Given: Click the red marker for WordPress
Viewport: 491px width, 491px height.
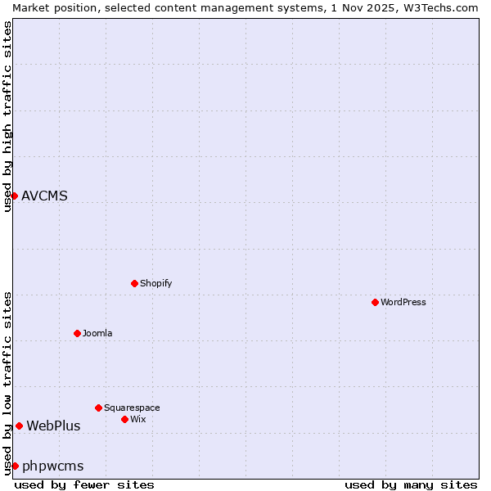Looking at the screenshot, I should tap(375, 302).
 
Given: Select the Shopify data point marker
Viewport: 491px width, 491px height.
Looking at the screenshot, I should tap(134, 283).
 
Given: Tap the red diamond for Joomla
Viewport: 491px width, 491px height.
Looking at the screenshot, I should tap(77, 333).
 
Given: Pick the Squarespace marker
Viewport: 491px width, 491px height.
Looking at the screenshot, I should tap(98, 408).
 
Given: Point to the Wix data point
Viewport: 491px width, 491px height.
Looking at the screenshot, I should tap(124, 419).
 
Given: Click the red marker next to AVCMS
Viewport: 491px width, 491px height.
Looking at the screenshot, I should tap(14, 196).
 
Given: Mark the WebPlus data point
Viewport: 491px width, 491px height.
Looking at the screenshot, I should tap(19, 426).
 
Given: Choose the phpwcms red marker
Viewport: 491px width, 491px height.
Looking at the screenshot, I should tap(15, 466).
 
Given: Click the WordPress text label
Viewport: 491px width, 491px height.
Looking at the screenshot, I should tap(403, 302).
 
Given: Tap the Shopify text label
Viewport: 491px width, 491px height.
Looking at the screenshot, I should tap(155, 283).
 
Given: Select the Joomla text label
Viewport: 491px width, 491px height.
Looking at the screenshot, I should tap(97, 333).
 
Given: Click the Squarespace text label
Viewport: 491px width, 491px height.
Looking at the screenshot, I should tap(132, 408).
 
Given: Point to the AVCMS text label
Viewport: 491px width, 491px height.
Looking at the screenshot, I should tap(44, 196).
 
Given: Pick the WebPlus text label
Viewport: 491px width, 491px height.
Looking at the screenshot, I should tap(53, 426).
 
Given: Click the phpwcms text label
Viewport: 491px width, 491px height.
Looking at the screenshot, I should tap(52, 466).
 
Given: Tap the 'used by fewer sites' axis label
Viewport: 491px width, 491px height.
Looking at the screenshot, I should tap(84, 484).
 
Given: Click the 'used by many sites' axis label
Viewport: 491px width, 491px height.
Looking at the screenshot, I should tap(411, 484).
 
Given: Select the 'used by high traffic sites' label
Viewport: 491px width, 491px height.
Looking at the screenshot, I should tap(7, 116).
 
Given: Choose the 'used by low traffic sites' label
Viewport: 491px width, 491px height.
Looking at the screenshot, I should tap(7, 383).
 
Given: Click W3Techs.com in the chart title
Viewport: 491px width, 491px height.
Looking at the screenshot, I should tap(439, 7).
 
